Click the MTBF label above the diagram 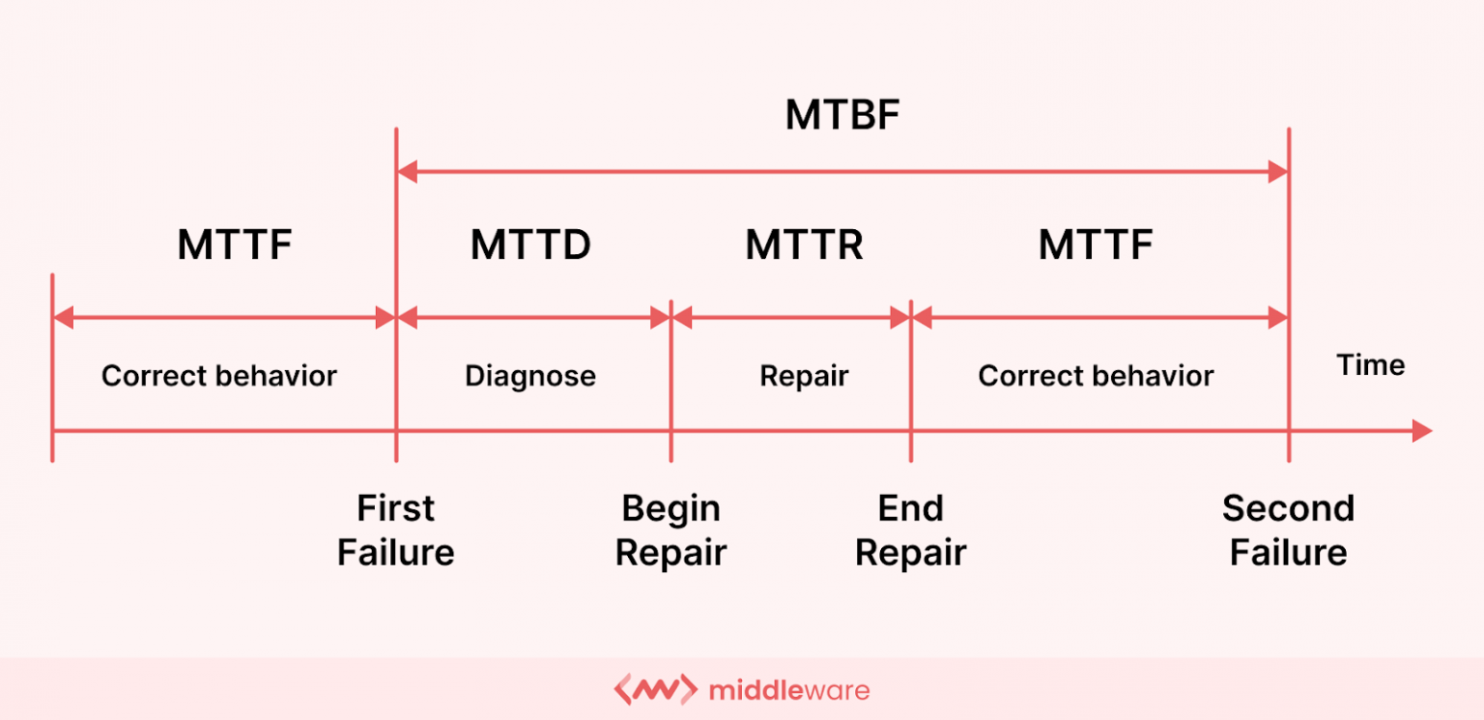[x=842, y=116]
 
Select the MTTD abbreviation [x=530, y=245]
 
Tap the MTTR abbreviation [x=804, y=245]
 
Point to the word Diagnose [x=530, y=376]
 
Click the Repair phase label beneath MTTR [x=804, y=376]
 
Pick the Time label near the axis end [x=1370, y=365]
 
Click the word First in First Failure [x=395, y=508]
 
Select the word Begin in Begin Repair [x=671, y=508]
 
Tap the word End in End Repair [x=910, y=508]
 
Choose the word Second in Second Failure [x=1288, y=508]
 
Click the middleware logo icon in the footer [x=655, y=690]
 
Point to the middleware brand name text [x=788, y=690]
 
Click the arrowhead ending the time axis [x=1421, y=431]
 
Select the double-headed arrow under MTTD [x=533, y=317]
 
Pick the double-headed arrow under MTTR [x=791, y=317]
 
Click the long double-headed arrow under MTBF [x=842, y=173]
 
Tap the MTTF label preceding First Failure [x=234, y=245]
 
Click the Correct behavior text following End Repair [x=1096, y=376]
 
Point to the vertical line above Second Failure [x=1289, y=290]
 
